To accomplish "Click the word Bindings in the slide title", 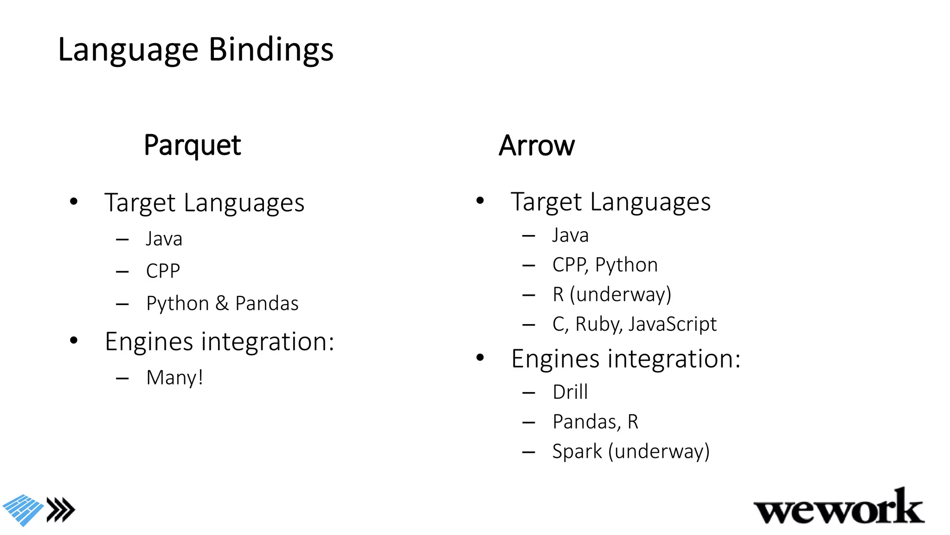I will pos(271,50).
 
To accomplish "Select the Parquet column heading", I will pos(192,145).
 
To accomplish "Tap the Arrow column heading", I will pos(537,146).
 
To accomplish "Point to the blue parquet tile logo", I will pos(23,509).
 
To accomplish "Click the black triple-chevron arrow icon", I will pos(61,510).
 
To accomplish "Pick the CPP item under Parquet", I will pos(163,271).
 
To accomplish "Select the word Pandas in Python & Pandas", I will pos(267,304).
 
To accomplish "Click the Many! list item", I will pos(174,378).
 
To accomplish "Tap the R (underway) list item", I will pos(611,294).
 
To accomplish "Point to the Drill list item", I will pos(570,392).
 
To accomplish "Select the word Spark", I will pos(577,451).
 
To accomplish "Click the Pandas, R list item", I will pos(595,422).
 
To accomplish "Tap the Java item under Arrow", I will pos(570,235).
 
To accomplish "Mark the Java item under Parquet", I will pos(164,239).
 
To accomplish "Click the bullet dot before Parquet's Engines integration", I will pos(74,341).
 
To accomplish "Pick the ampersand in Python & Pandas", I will pos(222,304).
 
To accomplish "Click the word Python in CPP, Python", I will pos(626,265).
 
